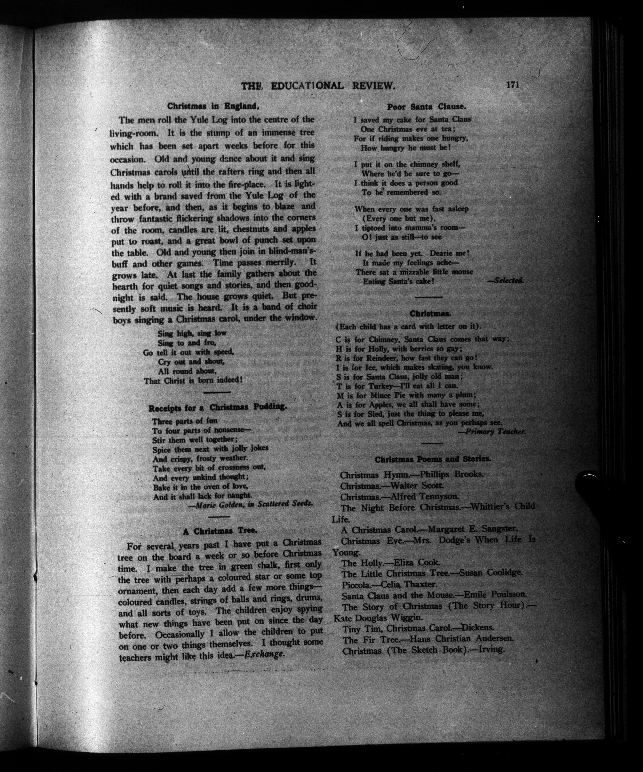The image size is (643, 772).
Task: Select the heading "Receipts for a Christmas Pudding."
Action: (x=217, y=407)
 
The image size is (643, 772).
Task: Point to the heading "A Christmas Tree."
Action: (x=220, y=531)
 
